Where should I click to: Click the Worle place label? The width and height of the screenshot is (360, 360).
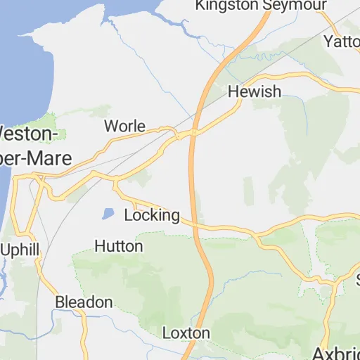pos(124,127)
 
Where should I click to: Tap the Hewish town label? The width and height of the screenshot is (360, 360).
pos(254,91)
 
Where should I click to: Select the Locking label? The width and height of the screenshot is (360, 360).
pos(151,215)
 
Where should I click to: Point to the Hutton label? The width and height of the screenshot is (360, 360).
pos(118,246)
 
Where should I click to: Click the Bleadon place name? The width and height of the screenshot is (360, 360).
pos(84,302)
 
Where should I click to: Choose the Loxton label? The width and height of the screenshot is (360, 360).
pos(186,333)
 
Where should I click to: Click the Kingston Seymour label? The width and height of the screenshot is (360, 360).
pos(261,6)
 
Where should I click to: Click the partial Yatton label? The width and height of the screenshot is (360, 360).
pos(342,41)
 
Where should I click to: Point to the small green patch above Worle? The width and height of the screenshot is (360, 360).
pos(98,111)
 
